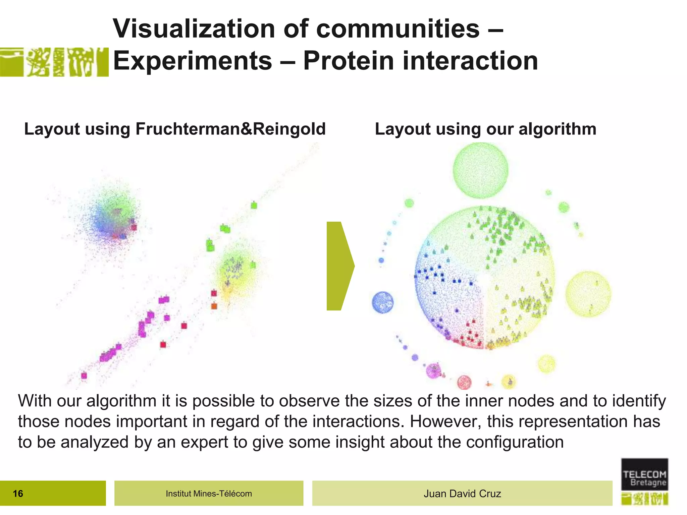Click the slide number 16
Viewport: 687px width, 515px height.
(18, 493)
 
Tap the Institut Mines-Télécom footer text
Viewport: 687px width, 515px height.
(209, 494)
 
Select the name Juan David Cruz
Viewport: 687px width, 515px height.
(462, 494)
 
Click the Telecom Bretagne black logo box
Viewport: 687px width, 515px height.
(644, 474)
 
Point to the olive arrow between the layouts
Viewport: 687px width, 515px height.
(339, 266)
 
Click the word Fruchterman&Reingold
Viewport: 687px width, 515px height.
(230, 129)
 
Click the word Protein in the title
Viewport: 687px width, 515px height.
(349, 61)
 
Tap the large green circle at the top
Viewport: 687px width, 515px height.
(480, 170)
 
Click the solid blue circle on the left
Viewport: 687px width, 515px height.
(382, 302)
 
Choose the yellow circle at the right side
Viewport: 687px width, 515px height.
(588, 294)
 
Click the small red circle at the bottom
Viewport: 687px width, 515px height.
(464, 382)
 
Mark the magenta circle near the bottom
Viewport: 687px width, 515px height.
(433, 370)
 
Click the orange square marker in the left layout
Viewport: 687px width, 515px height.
(214, 306)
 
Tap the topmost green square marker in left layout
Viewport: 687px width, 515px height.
(254, 205)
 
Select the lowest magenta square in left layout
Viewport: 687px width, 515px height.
(84, 376)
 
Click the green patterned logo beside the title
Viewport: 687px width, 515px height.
(54, 62)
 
